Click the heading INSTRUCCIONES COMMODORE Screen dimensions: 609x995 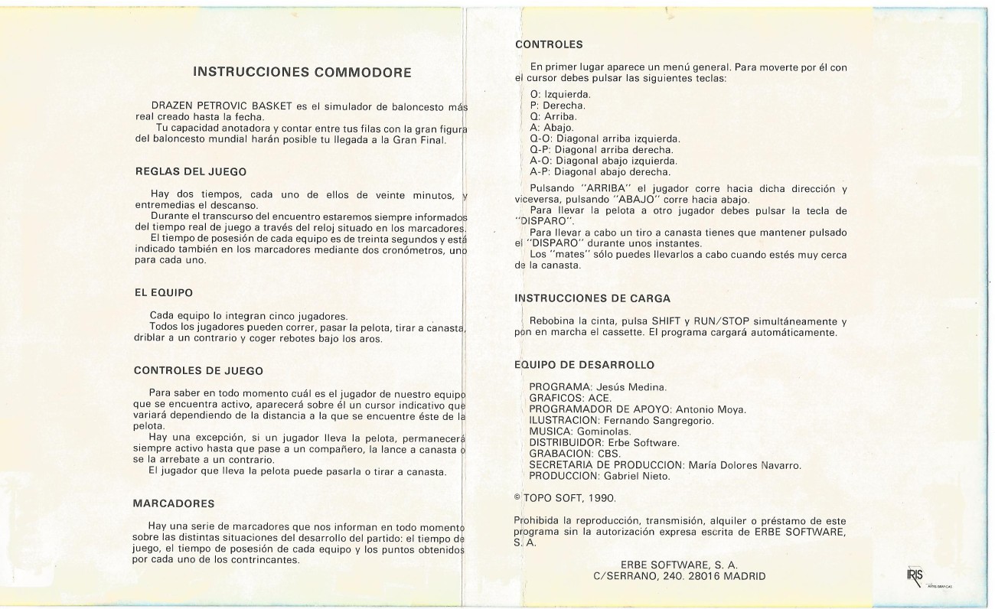click(302, 73)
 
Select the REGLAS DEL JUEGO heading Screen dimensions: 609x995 click(190, 171)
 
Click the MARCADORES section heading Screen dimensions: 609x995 click(174, 503)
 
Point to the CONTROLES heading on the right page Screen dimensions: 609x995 click(549, 44)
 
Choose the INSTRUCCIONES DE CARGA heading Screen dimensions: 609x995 click(592, 297)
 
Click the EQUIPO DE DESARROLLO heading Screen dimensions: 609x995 click(584, 365)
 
